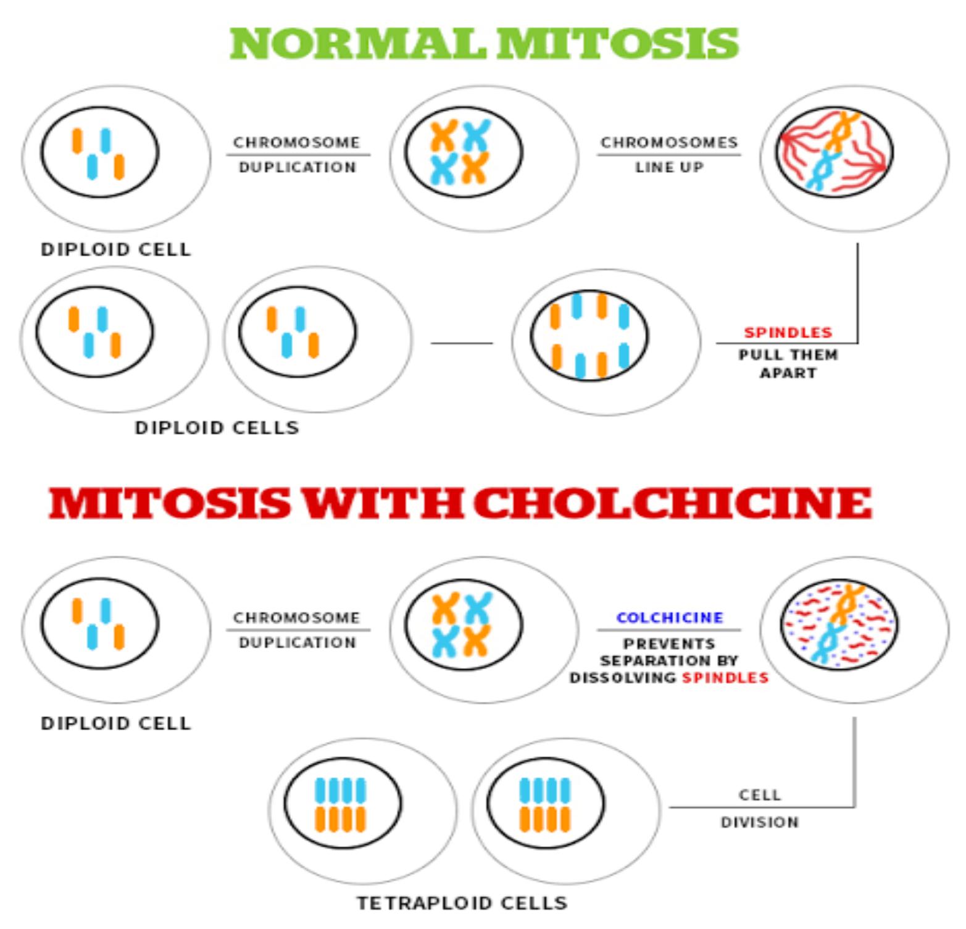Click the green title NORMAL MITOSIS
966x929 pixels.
484,44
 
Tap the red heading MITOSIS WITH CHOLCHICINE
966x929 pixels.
460,503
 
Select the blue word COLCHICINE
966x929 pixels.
670,617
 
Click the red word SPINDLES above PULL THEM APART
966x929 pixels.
788,332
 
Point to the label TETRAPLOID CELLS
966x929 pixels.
462,903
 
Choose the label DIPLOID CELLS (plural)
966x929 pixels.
217,428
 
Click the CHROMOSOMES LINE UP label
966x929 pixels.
669,154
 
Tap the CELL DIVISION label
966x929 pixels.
760,808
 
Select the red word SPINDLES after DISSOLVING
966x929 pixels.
725,678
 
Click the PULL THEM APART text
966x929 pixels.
788,364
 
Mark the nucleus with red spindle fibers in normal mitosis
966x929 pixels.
834,152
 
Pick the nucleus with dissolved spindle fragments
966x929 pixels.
839,625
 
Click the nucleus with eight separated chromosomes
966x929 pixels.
589,336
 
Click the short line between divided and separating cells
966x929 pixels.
462,343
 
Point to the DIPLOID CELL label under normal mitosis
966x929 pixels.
116,249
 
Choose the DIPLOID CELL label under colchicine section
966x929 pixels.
116,723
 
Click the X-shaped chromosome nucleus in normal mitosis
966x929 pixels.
464,152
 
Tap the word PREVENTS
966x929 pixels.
670,644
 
